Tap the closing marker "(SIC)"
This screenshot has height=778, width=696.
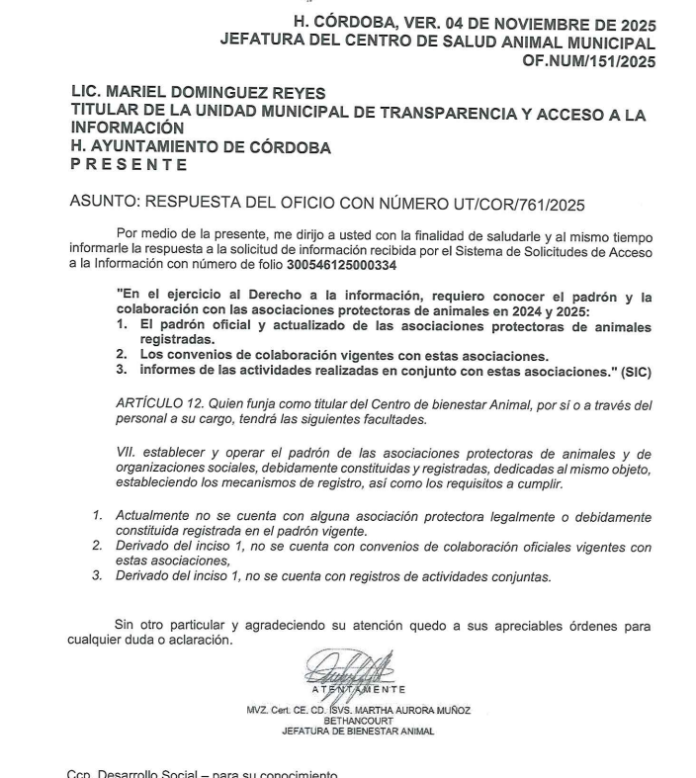638,370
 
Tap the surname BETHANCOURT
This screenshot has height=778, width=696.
358,721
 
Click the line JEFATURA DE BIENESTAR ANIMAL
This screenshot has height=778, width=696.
358,732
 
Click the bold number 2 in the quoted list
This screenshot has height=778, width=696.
121,355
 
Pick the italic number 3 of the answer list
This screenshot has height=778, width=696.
97,576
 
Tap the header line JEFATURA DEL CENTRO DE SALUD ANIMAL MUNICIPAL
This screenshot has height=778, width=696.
437,43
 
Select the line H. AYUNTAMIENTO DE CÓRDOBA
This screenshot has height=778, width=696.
201,147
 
